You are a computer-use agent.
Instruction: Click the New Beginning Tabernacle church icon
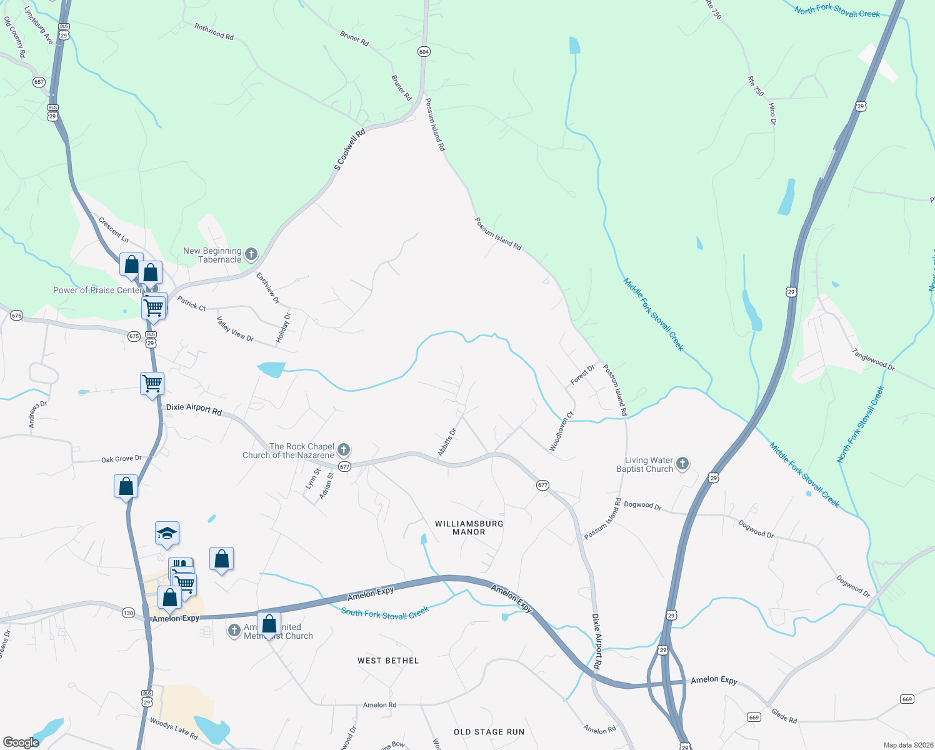[x=251, y=254]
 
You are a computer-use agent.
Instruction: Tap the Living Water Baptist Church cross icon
[x=682, y=464]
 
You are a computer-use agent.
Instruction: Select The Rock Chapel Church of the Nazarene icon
[x=343, y=450]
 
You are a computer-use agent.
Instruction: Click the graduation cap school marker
[x=167, y=534]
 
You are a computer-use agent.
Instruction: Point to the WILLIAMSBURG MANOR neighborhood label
[x=469, y=527]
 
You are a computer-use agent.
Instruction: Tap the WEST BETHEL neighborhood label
[x=388, y=661]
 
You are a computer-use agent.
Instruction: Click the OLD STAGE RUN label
[x=489, y=732]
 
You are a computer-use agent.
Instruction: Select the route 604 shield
[x=424, y=52]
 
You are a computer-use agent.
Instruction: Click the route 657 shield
[x=39, y=82]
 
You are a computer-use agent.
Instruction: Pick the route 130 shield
[x=128, y=612]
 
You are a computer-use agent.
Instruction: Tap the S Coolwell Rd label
[x=349, y=150]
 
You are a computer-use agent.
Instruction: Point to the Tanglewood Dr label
[x=873, y=360]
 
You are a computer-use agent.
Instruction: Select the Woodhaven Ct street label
[x=561, y=432]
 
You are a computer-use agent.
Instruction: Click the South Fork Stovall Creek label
[x=385, y=612]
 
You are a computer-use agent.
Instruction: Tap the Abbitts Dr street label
[x=447, y=442]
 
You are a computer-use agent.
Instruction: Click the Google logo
[x=22, y=742]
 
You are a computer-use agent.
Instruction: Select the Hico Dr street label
[x=772, y=114]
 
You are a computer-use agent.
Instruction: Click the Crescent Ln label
[x=113, y=230]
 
